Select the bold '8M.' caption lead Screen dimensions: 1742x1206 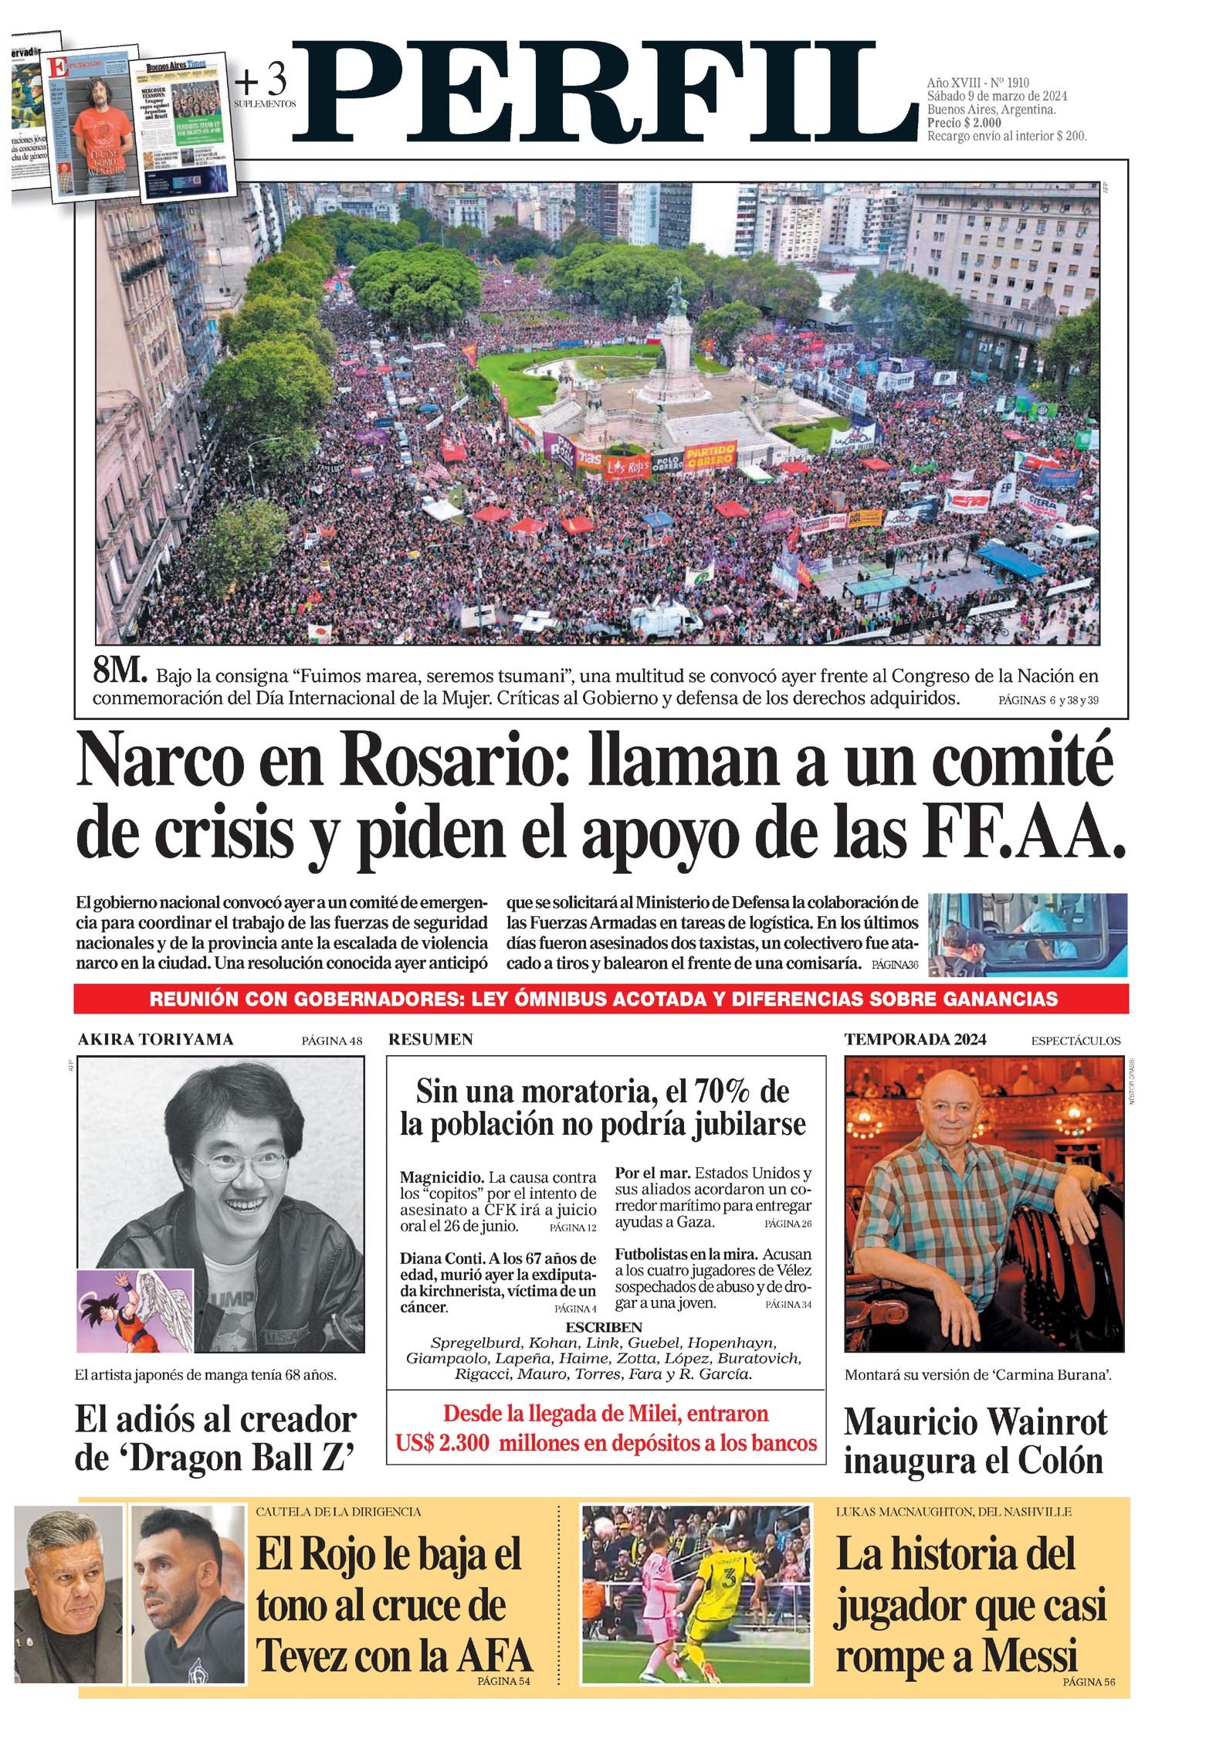coord(119,674)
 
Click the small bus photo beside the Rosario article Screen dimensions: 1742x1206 coord(1027,935)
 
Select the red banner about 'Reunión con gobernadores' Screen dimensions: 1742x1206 coord(602,999)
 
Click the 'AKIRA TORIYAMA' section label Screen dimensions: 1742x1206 coord(155,1040)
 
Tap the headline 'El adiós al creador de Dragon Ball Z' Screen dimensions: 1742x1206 coord(216,1439)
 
